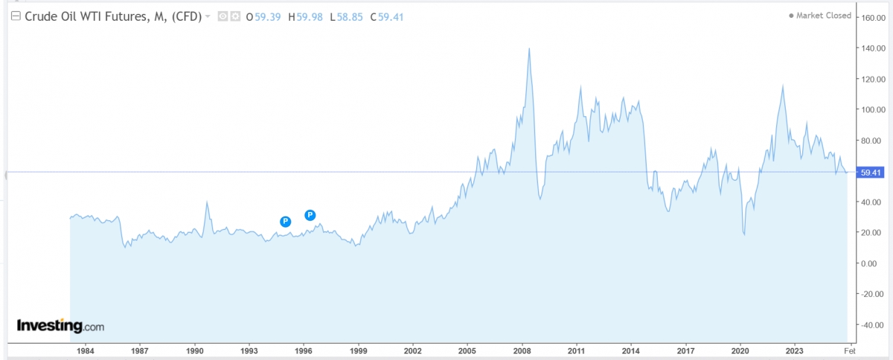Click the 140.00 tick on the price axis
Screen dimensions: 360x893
point(873,48)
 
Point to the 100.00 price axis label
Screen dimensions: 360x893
point(873,109)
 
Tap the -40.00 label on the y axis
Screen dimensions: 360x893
point(873,325)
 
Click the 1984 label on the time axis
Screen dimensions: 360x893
point(85,350)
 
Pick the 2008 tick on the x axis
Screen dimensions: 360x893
point(522,350)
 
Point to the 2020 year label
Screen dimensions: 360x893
point(740,350)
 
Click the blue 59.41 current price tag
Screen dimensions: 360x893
point(870,173)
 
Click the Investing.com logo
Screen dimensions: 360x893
point(61,326)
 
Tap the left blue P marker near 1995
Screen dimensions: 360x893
point(285,221)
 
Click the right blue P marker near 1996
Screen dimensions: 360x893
point(310,216)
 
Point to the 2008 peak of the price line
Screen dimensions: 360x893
point(529,48)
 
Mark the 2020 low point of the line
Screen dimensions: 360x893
point(745,235)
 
